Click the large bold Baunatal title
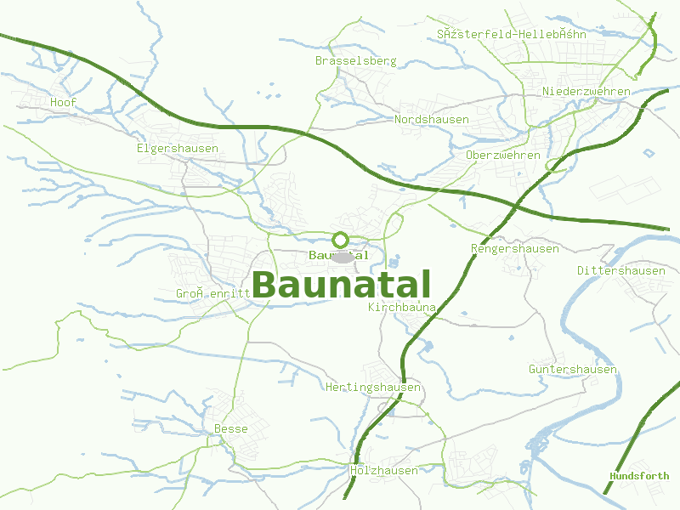click(x=342, y=285)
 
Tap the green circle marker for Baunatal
click(x=341, y=240)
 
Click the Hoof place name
click(x=63, y=102)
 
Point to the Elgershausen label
click(x=178, y=149)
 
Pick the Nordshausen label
click(x=431, y=120)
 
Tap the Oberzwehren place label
click(x=503, y=156)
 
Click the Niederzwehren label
click(x=586, y=92)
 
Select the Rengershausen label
click(x=515, y=249)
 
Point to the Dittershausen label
click(x=621, y=271)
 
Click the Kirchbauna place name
click(x=402, y=308)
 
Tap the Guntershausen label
click(x=573, y=370)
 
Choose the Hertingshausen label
click(x=372, y=388)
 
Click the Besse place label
click(x=231, y=428)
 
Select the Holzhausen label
click(x=384, y=471)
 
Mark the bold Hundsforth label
click(x=639, y=476)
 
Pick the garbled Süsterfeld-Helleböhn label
click(x=512, y=35)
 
